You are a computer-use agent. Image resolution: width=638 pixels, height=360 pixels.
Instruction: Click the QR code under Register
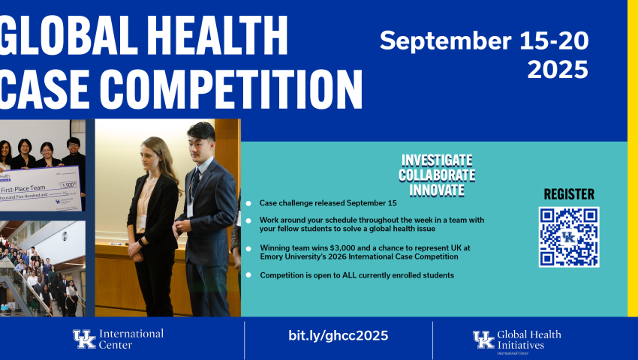click(568, 237)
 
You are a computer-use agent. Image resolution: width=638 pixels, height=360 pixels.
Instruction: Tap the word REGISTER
click(569, 194)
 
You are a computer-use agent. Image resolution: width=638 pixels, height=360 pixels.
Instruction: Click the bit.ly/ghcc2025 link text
click(338, 335)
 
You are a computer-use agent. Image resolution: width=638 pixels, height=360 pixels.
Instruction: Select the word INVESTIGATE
click(437, 160)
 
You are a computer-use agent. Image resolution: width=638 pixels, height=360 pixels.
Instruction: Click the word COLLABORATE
click(437, 175)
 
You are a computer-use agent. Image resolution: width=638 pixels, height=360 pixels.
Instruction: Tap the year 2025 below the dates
click(558, 70)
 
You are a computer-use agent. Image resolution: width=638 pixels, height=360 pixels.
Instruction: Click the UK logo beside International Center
click(84, 339)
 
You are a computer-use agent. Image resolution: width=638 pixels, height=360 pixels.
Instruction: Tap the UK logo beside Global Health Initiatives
click(484, 339)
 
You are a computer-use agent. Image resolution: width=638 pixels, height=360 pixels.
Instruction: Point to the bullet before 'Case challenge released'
click(248, 203)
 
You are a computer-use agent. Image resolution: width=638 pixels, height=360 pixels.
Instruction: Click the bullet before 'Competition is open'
click(248, 276)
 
